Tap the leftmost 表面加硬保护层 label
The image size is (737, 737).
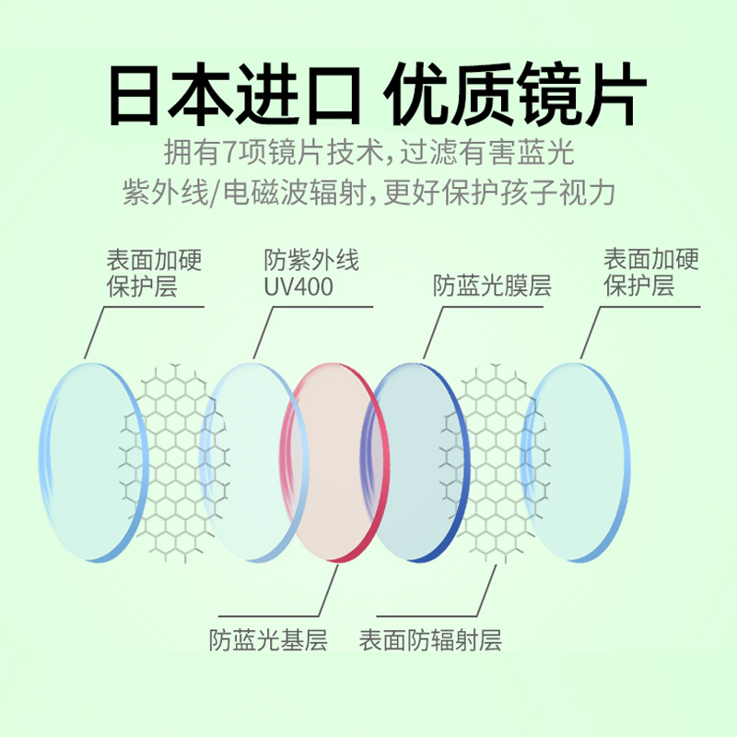154,272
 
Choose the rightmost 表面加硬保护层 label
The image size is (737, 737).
650,272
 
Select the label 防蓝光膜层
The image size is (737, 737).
492,287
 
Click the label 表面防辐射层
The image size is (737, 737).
430,639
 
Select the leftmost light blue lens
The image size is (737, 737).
85,461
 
